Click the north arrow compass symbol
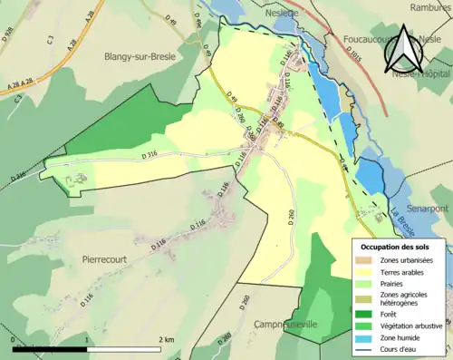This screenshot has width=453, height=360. point(405,54)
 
